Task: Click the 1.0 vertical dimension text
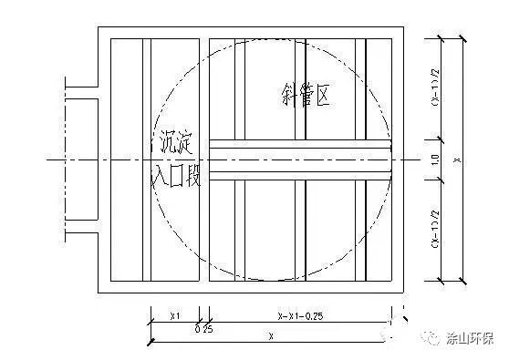(x=435, y=159)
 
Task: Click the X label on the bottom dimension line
(x=271, y=335)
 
